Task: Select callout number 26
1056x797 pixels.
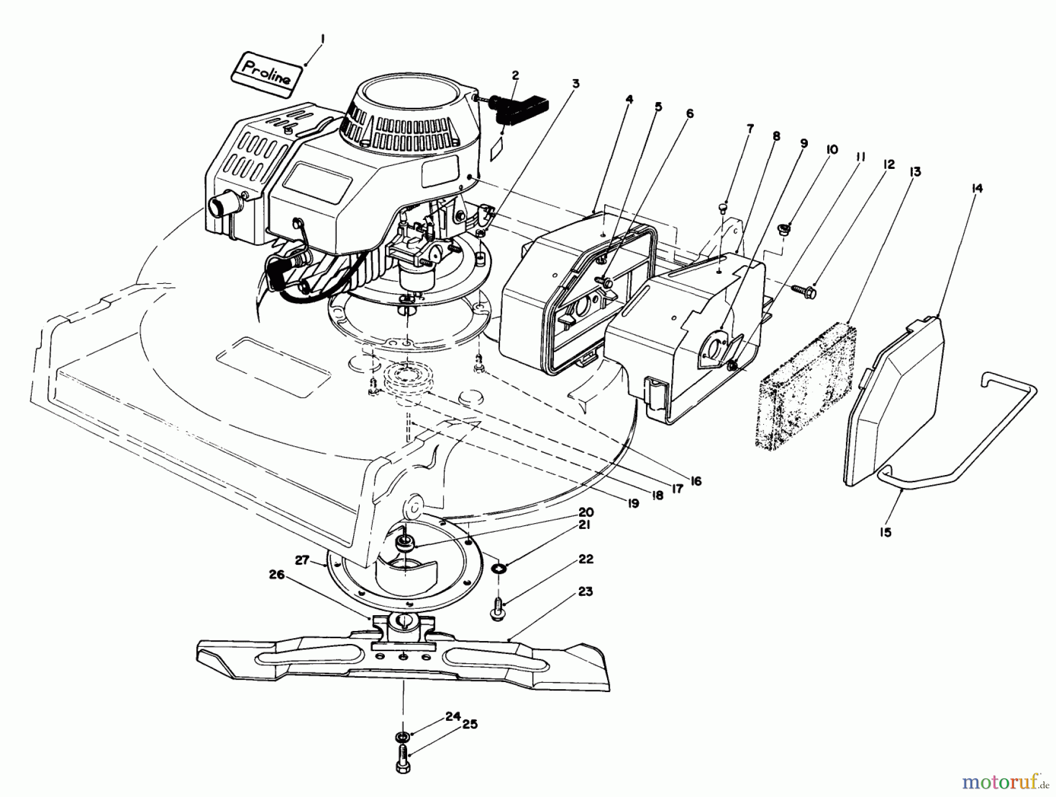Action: coord(277,575)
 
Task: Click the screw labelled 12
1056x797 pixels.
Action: coord(804,289)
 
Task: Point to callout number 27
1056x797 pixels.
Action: coord(302,560)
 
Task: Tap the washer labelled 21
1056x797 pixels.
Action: coord(500,568)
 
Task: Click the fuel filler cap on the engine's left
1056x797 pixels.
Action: coord(218,206)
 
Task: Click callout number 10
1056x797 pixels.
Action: coord(831,150)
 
